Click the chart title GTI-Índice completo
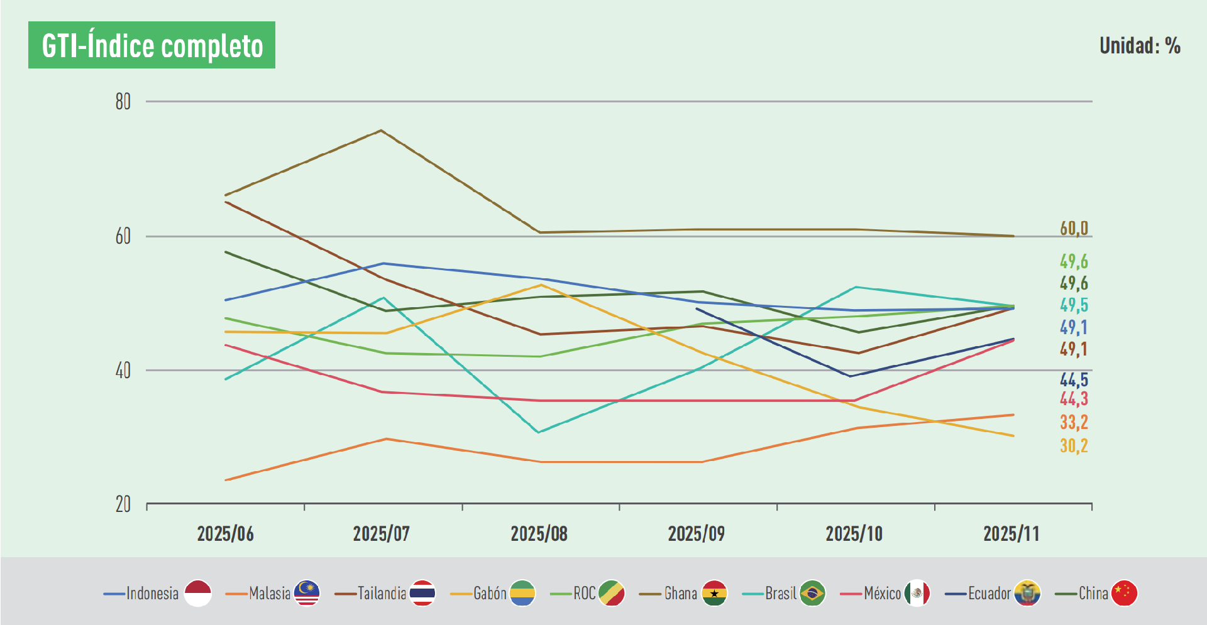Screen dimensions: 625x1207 click(152, 45)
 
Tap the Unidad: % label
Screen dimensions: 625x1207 click(1139, 46)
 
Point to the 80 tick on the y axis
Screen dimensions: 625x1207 click(123, 102)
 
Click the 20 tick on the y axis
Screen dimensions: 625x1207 click(123, 504)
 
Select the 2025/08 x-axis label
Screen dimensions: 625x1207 click(539, 534)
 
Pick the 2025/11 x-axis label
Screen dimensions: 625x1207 click(1011, 534)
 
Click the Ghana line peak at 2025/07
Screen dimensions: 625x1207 click(381, 130)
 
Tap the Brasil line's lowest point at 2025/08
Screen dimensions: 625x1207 click(539, 432)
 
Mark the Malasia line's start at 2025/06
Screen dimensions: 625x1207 click(226, 480)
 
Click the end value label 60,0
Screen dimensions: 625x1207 click(1074, 229)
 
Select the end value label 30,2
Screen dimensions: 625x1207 click(1074, 446)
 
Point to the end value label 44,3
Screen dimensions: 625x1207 click(1074, 399)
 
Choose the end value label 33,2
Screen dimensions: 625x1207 click(1074, 422)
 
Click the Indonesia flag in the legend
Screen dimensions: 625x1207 click(198, 593)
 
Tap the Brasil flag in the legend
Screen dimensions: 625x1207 click(812, 593)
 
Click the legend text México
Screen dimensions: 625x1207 click(883, 593)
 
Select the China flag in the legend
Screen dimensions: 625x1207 click(1124, 593)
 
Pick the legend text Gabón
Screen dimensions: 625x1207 click(490, 593)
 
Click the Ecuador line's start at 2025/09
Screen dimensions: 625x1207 click(697, 308)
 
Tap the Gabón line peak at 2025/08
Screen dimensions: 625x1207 click(540, 285)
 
